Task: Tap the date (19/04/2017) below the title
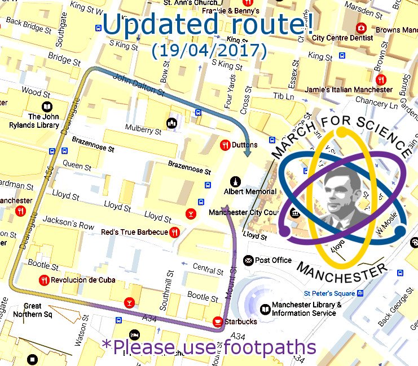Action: tap(209, 50)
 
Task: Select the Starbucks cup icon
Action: tap(217, 322)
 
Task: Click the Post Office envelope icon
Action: tap(248, 260)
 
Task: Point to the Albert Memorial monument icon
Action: tap(235, 181)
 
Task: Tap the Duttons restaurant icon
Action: tap(225, 145)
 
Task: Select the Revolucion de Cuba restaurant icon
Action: tap(43, 280)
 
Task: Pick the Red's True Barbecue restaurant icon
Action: tap(174, 232)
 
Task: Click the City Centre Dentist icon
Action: tap(360, 28)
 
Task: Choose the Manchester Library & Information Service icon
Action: tap(265, 309)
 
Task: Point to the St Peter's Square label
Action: tap(329, 293)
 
